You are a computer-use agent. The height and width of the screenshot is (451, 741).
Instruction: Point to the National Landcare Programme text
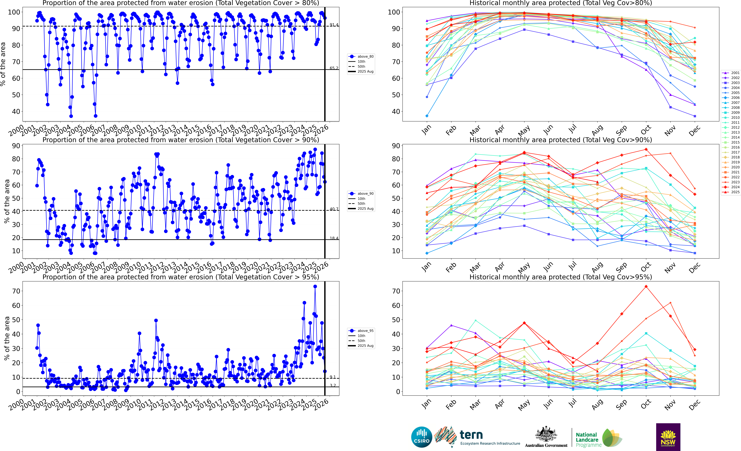pos(588,440)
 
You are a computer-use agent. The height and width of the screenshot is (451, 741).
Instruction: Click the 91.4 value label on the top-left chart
pos(334,25)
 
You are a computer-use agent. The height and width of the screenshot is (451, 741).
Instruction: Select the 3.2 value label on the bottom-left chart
pos(333,385)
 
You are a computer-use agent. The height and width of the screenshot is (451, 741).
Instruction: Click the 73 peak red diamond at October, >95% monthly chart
pos(646,287)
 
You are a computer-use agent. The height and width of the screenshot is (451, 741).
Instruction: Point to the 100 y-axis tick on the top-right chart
pos(394,12)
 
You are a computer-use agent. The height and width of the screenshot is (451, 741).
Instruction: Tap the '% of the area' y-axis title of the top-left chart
pos(3,64)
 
